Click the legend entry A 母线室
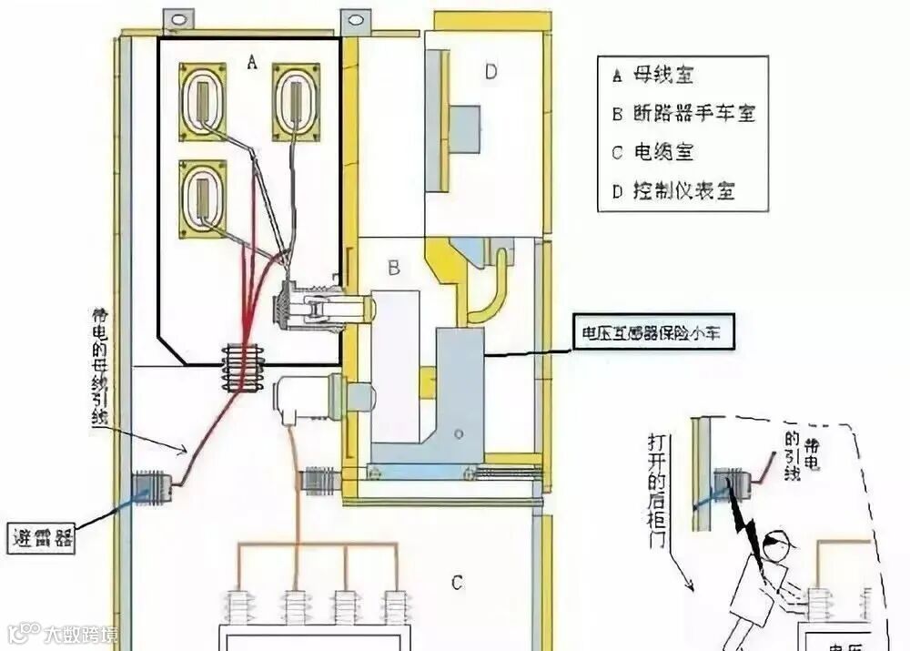pos(654,76)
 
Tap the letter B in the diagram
pos(394,269)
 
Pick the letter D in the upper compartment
pos(490,72)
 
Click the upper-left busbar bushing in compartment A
pos(202,101)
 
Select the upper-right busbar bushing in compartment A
pos(296,101)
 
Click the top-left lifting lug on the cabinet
pos(178,17)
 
